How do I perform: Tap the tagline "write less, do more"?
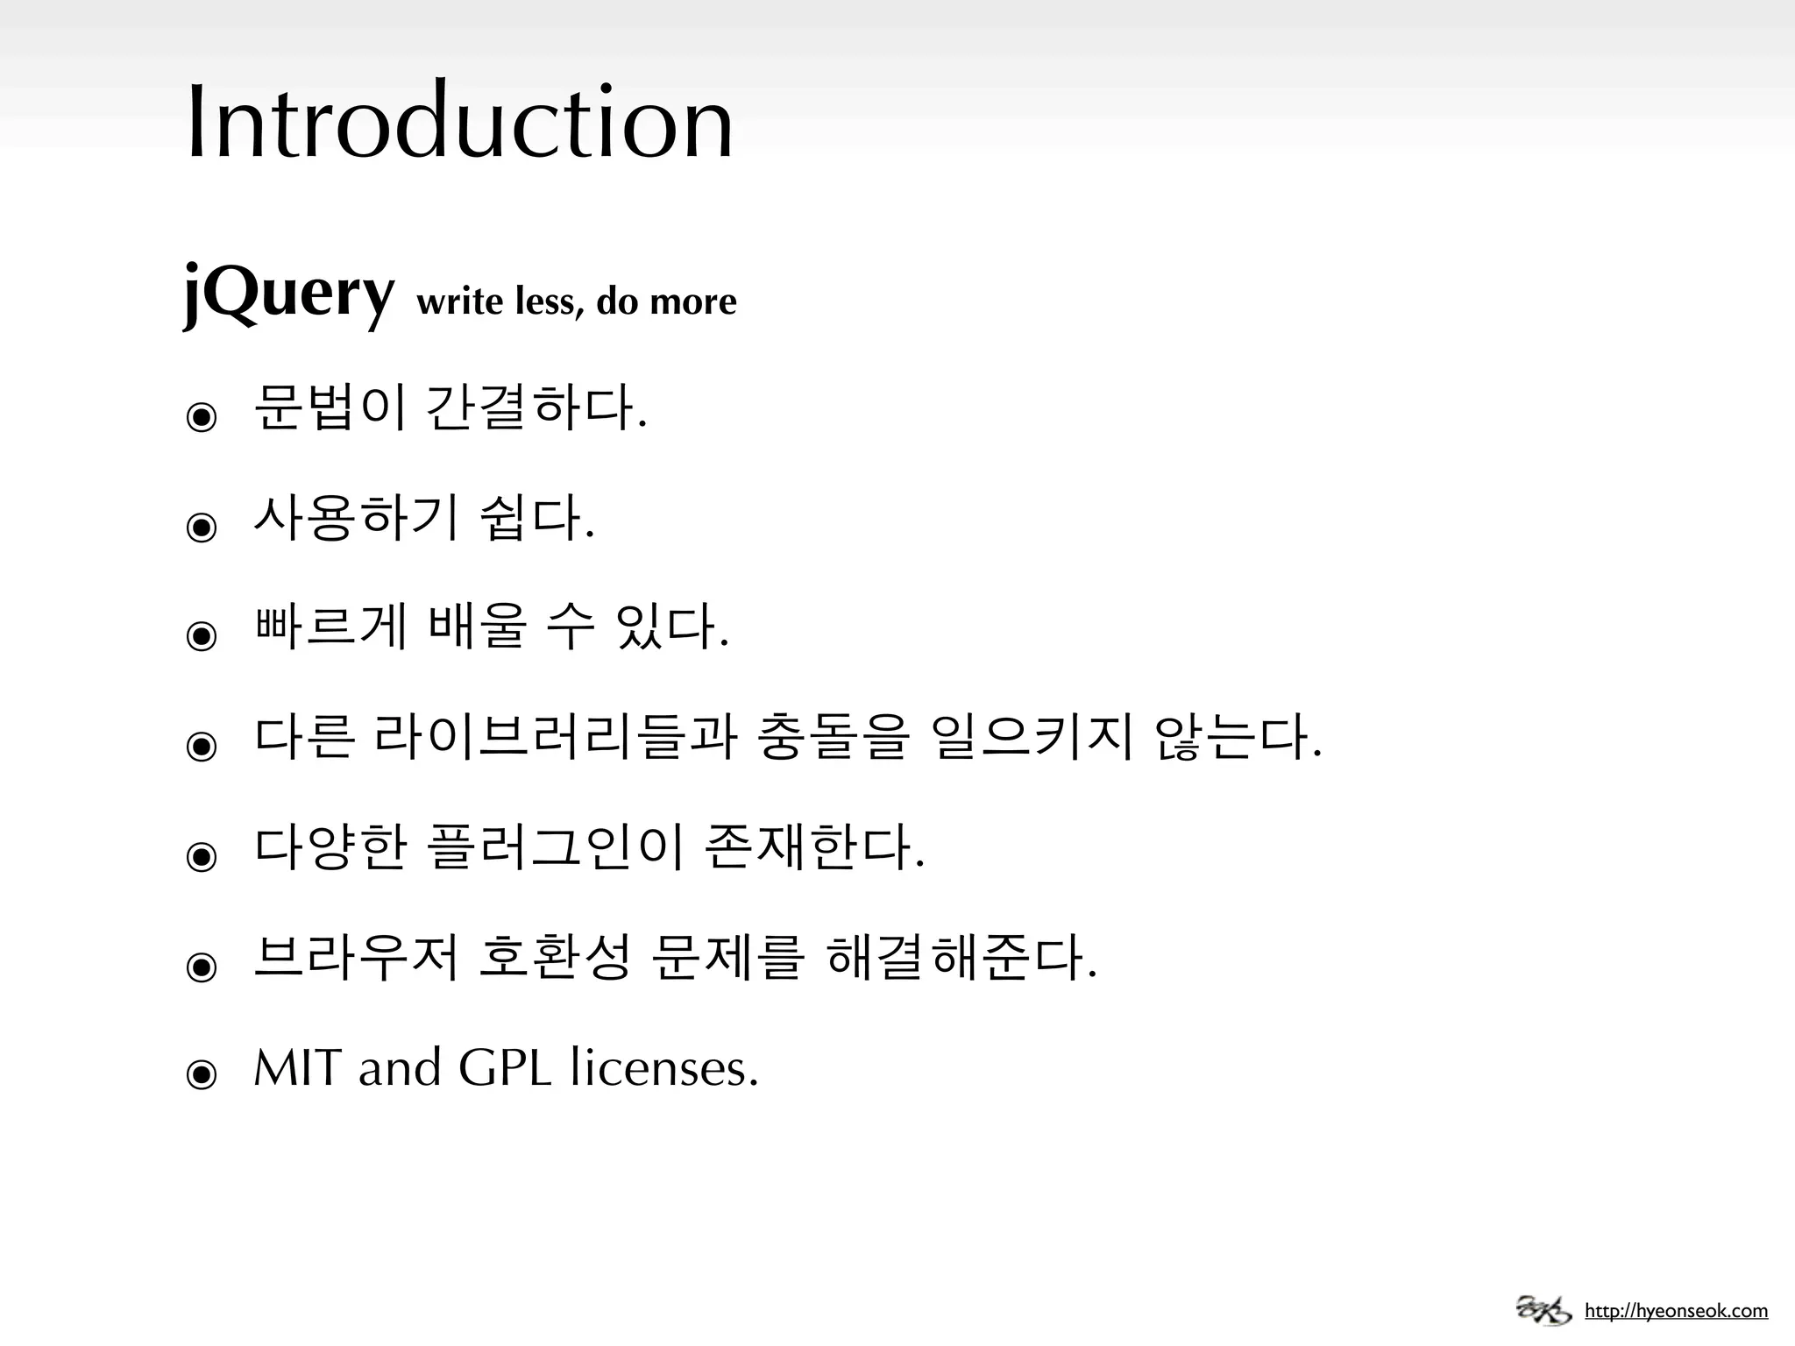coord(577,301)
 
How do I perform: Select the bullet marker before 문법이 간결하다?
coord(202,417)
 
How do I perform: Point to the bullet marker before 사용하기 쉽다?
coord(202,527)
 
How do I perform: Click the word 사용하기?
coord(356,517)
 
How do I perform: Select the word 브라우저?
coord(356,957)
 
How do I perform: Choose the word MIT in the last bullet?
coord(297,1068)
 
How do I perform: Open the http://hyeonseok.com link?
coord(1676,1311)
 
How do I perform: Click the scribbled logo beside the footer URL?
coord(1544,1310)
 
